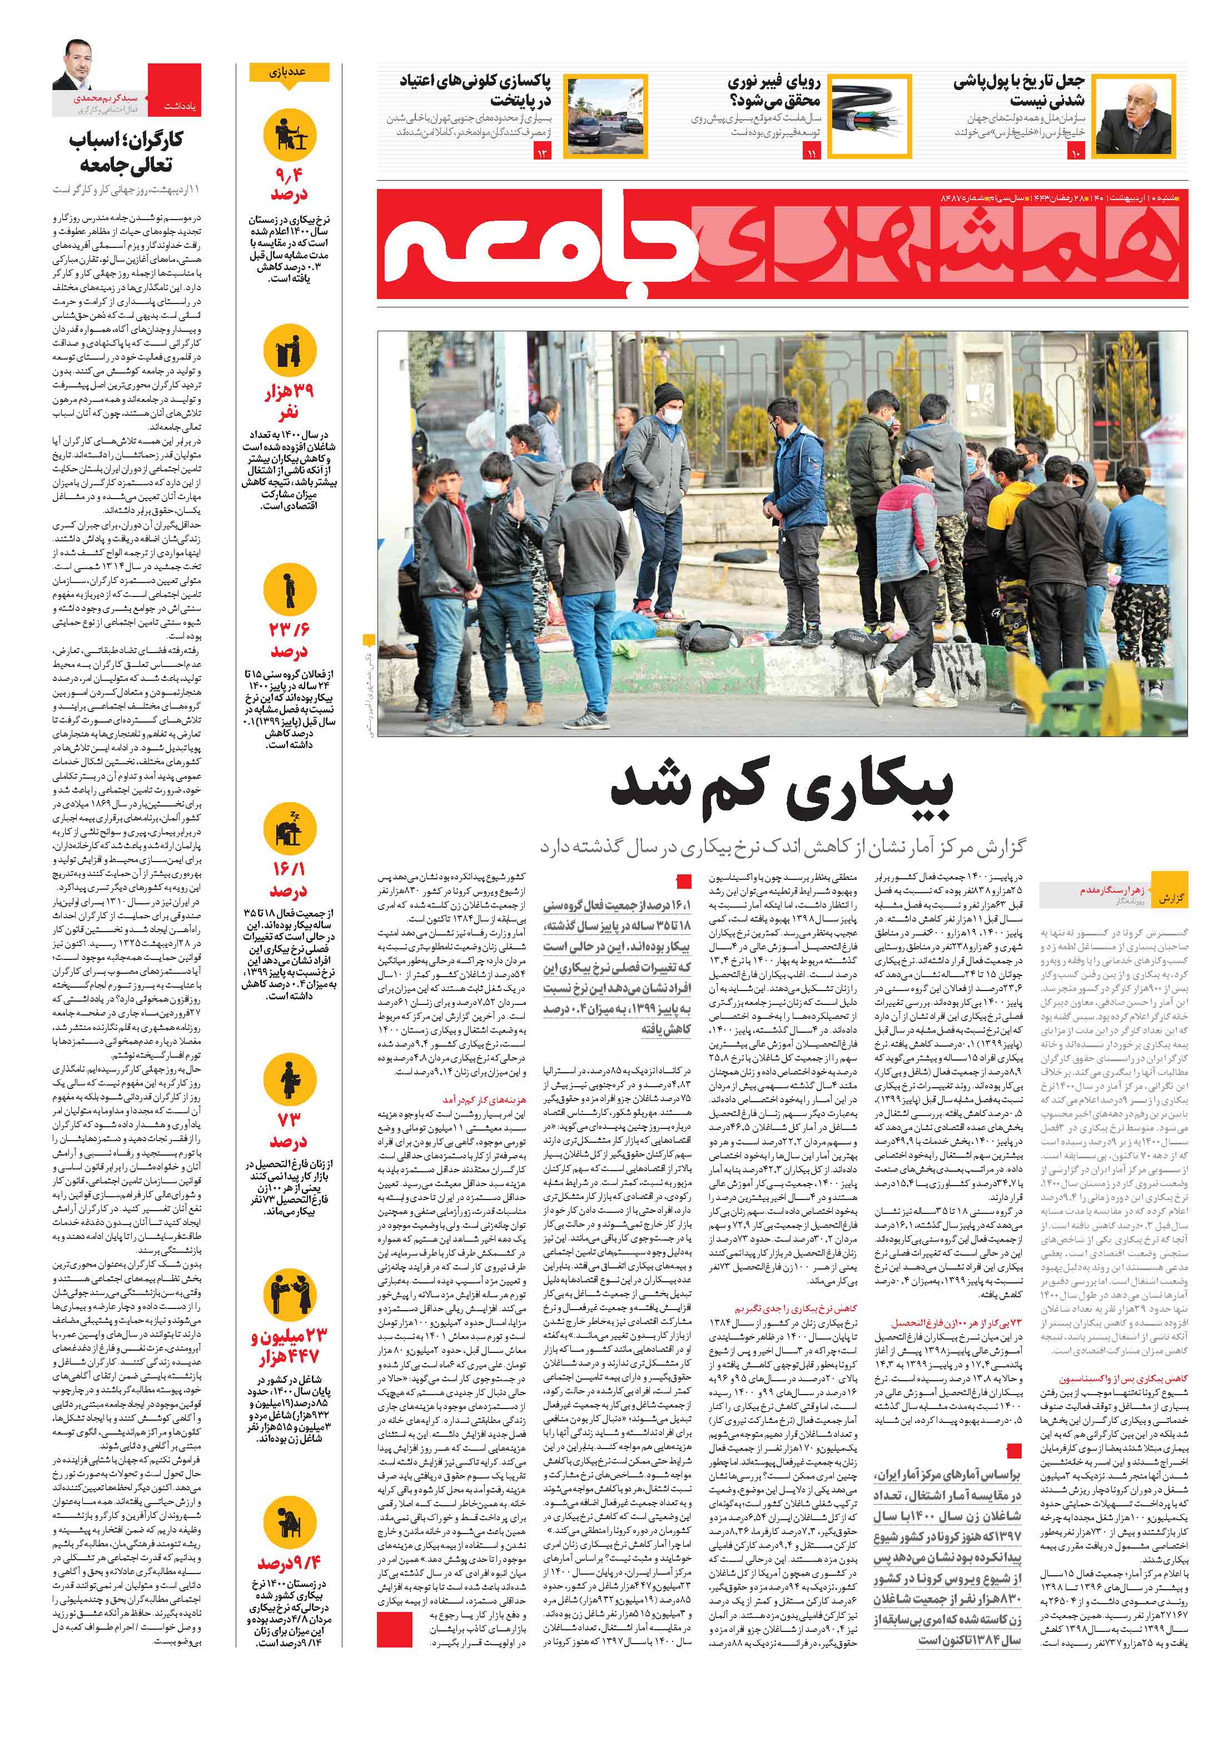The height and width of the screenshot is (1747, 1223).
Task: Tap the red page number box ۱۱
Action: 811,154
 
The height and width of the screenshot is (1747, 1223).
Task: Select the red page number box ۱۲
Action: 543,154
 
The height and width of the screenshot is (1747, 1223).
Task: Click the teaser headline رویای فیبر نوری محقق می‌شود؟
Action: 773,91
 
